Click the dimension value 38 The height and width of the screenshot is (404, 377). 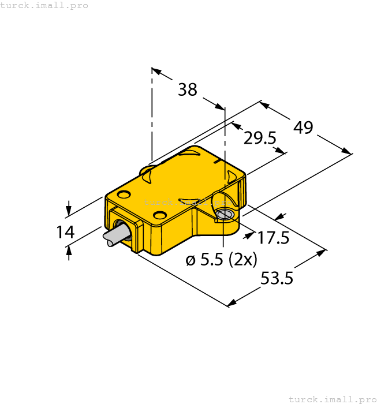point(187,89)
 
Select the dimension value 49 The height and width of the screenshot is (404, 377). point(303,127)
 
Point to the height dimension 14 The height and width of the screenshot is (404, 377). point(65,232)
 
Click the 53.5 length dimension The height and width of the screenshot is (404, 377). point(277,279)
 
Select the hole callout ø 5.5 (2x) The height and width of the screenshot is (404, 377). point(221,260)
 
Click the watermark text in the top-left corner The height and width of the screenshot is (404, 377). point(44,5)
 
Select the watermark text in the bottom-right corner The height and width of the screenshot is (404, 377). point(332,399)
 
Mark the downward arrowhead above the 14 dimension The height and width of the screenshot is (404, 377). point(69,210)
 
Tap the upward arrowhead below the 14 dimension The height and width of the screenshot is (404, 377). point(69,250)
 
